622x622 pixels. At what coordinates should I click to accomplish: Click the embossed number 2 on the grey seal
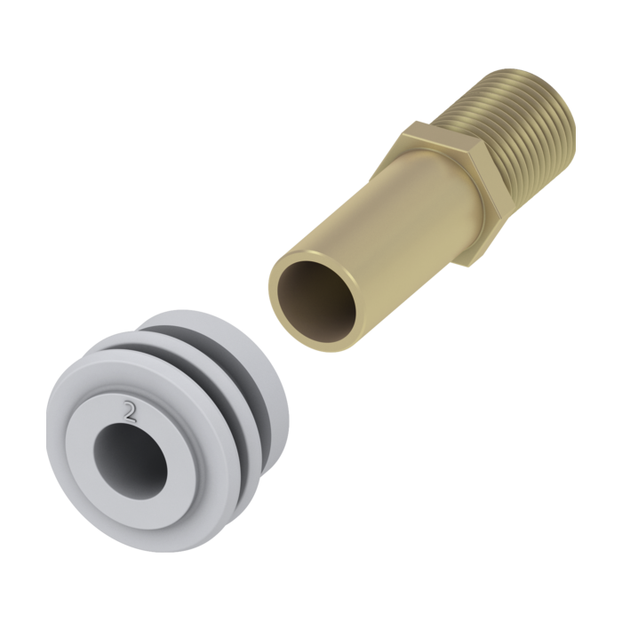point(130,411)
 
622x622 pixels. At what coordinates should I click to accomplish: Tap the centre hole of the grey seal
point(131,460)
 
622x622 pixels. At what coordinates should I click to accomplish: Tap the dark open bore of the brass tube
point(316,301)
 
